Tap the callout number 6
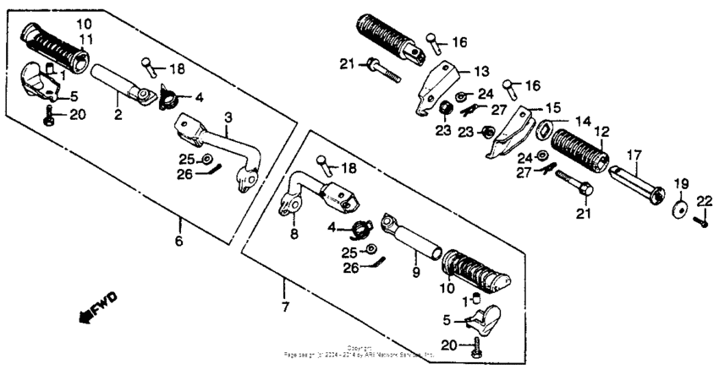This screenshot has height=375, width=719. point(178,241)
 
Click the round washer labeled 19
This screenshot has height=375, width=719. point(680,208)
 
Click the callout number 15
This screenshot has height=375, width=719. point(552,107)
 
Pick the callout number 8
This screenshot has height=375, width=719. point(294,232)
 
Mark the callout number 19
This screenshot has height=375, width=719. point(680,183)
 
